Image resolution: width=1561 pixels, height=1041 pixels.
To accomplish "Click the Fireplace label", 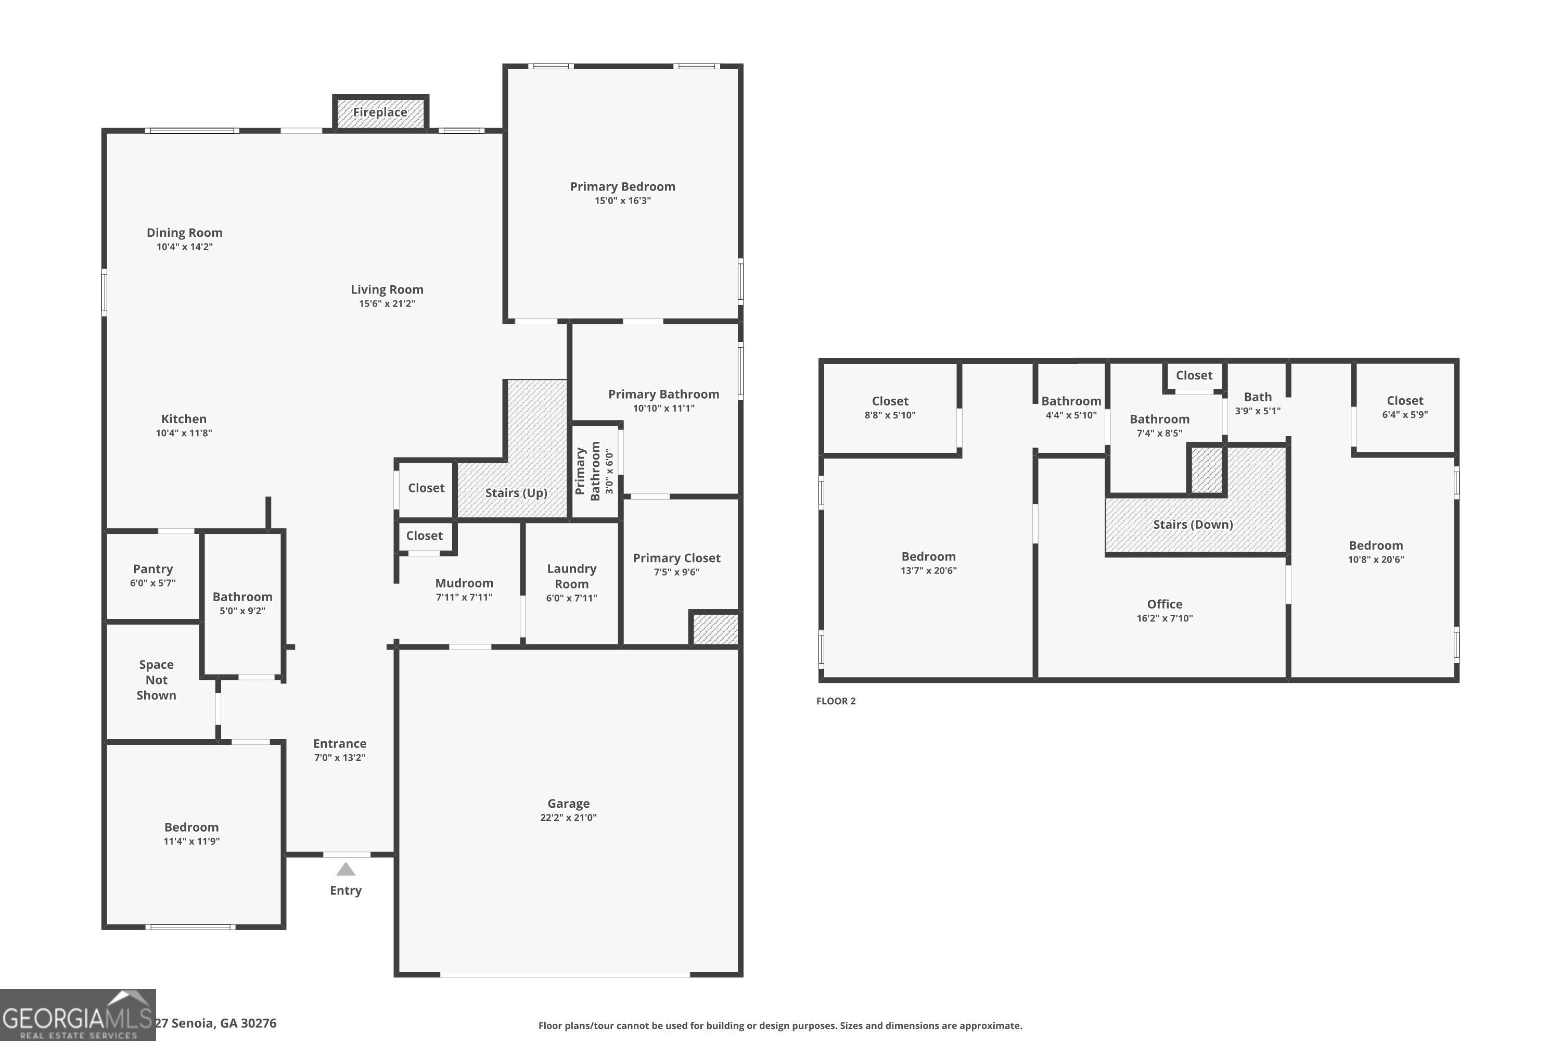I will click(380, 112).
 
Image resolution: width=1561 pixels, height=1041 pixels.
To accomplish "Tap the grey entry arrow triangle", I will click(345, 870).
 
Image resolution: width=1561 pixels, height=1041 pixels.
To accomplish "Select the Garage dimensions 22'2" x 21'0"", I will click(568, 818).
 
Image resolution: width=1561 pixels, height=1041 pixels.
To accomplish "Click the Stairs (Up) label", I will click(516, 492).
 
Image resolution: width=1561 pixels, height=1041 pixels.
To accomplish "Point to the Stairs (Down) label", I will click(1193, 525).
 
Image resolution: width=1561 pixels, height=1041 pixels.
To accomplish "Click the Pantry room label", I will click(152, 569).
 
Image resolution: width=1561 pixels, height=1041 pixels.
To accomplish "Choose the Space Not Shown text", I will click(156, 680).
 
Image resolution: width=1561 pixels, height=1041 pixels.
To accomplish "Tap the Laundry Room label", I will click(571, 576).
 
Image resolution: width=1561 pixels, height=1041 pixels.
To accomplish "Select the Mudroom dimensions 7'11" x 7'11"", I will click(464, 598).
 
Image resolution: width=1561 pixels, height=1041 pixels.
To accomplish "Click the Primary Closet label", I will click(676, 558).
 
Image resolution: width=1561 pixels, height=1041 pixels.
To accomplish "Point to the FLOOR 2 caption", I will click(836, 701).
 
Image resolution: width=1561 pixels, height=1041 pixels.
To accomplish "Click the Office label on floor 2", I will click(1164, 604).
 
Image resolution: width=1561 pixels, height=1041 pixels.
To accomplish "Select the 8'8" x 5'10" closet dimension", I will click(889, 415).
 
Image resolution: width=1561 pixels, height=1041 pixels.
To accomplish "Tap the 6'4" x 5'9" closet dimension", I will click(1404, 415).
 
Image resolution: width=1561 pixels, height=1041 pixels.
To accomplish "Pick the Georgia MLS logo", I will click(78, 1015).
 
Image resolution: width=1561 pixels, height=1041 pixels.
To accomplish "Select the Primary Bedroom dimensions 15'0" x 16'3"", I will click(622, 201).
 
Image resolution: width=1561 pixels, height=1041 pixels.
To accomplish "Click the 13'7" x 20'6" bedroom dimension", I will click(928, 571).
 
